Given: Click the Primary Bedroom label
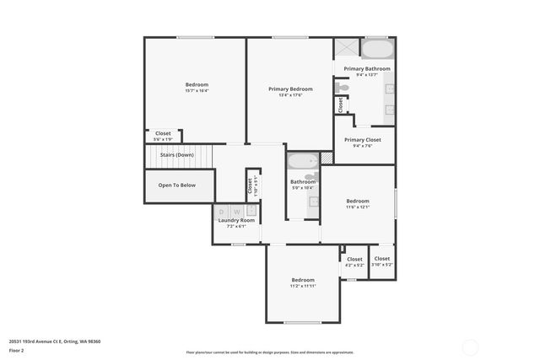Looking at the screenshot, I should (x=290, y=89).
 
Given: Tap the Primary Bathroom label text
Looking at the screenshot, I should (x=366, y=68).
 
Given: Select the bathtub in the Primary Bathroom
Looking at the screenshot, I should (x=377, y=47).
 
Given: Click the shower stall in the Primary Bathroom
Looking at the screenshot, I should (x=346, y=47).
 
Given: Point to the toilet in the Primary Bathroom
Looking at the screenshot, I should (x=341, y=86).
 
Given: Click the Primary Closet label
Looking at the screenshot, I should (x=363, y=139).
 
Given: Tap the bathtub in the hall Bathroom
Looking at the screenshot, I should (x=302, y=161).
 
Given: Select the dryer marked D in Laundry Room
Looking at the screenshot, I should (x=223, y=212).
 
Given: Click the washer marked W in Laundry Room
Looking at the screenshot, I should (x=238, y=212).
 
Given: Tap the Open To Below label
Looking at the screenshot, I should (x=177, y=185).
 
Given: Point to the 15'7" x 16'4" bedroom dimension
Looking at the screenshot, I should (x=197, y=91).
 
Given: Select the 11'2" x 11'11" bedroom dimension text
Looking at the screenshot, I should (x=303, y=286).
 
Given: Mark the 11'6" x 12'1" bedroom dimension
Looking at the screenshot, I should (x=357, y=207).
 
